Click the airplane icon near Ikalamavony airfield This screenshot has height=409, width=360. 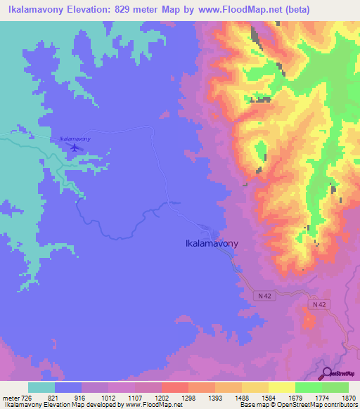click(x=72, y=147)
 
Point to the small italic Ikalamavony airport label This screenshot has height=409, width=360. click(x=75, y=139)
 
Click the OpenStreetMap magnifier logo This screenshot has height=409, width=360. click(x=326, y=373)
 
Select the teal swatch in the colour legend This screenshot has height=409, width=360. click(x=41, y=387)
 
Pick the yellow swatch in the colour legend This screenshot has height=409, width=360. click(x=282, y=387)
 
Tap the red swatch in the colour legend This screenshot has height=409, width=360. click(x=175, y=387)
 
